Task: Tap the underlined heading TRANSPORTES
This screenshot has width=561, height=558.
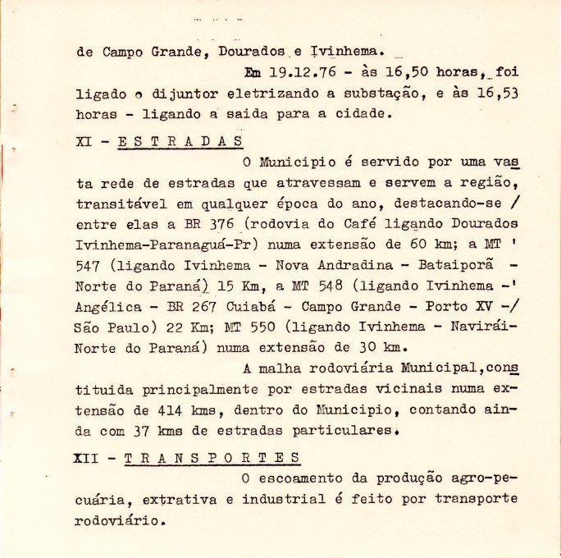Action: [212, 457]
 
